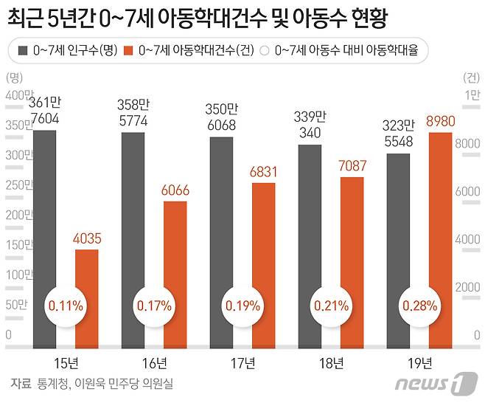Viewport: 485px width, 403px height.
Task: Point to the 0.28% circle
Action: click(419, 305)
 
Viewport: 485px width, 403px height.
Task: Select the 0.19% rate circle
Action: click(243, 305)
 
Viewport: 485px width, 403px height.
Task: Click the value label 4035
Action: click(88, 238)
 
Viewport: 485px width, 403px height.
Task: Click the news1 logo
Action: click(431, 384)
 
